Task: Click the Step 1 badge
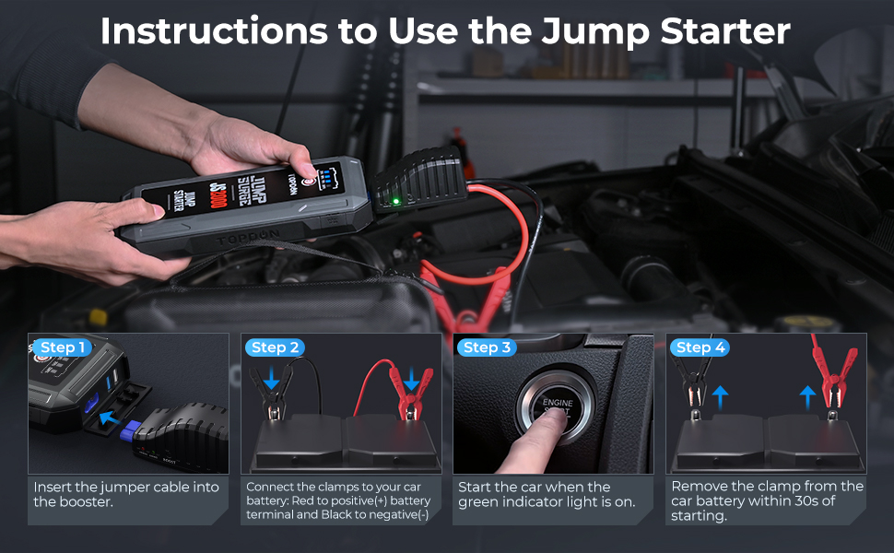click(x=63, y=347)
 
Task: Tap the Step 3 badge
click(x=487, y=347)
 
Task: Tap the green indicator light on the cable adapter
click(x=394, y=201)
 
